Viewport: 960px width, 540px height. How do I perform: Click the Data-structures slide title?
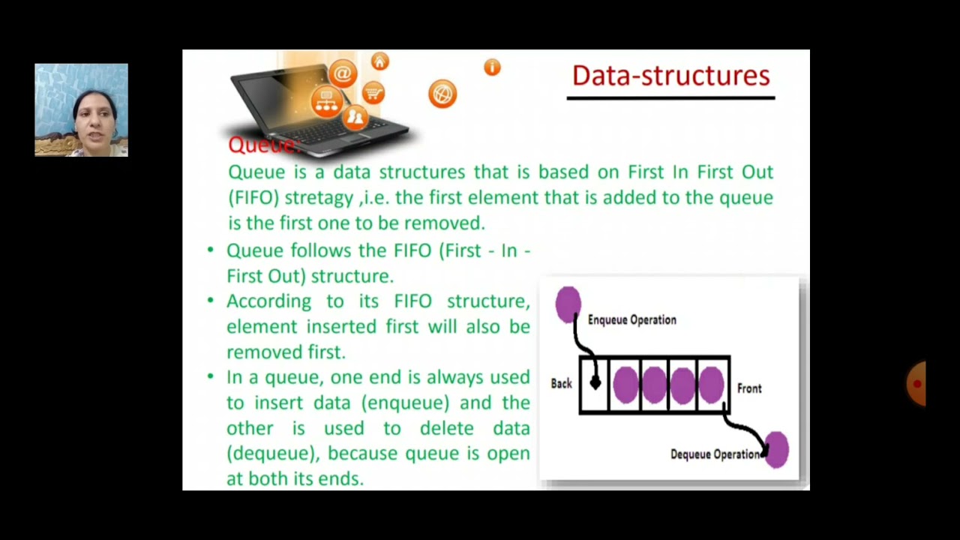click(x=670, y=76)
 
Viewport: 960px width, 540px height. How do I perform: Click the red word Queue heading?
click(x=262, y=145)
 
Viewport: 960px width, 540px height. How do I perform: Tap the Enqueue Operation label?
click(x=631, y=320)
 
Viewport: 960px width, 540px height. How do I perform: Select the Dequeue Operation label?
click(x=715, y=454)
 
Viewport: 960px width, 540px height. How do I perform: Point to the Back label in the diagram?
click(x=561, y=384)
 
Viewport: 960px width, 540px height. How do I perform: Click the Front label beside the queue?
click(x=748, y=388)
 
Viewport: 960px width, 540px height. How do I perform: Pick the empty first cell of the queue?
click(x=594, y=385)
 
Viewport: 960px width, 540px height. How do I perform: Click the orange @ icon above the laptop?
click(x=342, y=73)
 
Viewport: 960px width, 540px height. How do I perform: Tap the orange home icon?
click(x=379, y=61)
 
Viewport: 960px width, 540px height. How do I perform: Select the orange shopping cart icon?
click(x=373, y=93)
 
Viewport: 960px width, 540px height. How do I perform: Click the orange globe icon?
click(x=442, y=94)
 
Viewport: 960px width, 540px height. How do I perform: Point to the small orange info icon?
click(x=492, y=67)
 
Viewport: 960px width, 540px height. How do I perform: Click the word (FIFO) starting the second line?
click(x=253, y=198)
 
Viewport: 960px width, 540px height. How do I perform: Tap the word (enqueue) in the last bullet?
click(x=405, y=403)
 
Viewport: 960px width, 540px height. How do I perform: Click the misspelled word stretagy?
click(x=319, y=198)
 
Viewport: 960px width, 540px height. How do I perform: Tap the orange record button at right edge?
click(x=916, y=384)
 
